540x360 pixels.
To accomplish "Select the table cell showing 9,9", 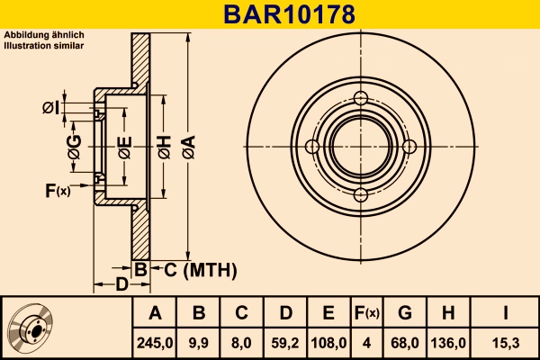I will point(199,342).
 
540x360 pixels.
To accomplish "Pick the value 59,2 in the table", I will point(285,342).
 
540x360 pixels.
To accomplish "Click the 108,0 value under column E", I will point(328,342).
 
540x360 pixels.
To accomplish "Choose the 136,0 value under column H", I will point(448,342).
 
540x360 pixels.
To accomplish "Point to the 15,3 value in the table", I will point(503,342).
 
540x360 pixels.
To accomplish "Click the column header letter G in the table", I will point(405,313).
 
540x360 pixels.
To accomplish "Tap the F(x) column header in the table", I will point(365,313).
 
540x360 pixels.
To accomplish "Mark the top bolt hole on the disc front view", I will point(361,99).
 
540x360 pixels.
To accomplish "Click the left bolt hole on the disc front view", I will point(312,148).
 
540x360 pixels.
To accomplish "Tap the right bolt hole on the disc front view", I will point(409,148).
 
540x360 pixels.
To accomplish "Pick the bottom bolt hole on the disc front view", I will point(361,196).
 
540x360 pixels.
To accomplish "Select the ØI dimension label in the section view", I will point(50,109).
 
